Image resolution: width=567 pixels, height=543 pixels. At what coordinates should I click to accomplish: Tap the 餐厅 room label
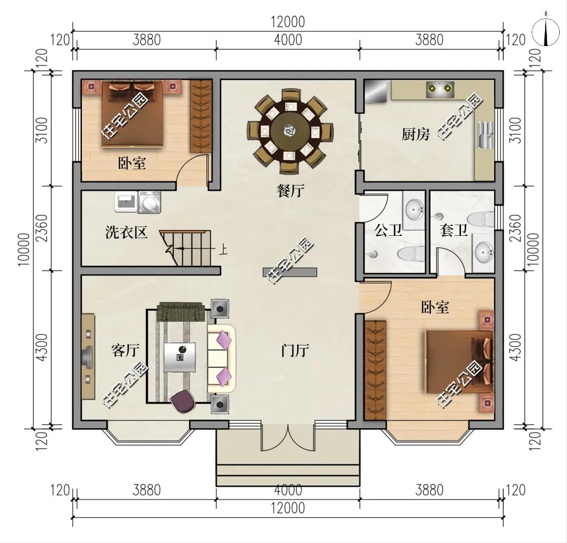click(290, 191)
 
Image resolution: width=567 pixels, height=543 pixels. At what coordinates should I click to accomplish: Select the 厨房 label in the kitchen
click(415, 134)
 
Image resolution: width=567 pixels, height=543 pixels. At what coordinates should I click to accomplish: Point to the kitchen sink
click(485, 135)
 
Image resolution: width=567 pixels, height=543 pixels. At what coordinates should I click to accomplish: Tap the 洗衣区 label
click(127, 232)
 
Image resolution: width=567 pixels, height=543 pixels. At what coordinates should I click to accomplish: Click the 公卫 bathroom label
click(387, 230)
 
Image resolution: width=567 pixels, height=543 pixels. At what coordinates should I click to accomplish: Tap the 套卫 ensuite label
click(453, 230)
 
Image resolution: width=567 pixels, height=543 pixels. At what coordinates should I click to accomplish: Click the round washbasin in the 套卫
click(484, 251)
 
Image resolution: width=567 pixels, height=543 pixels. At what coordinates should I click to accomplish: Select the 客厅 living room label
click(125, 350)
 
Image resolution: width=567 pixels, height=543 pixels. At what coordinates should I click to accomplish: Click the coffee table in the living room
click(180, 357)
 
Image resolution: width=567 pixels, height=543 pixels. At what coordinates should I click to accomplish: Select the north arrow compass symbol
click(545, 32)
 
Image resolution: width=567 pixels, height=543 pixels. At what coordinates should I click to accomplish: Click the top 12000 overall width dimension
click(288, 22)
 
